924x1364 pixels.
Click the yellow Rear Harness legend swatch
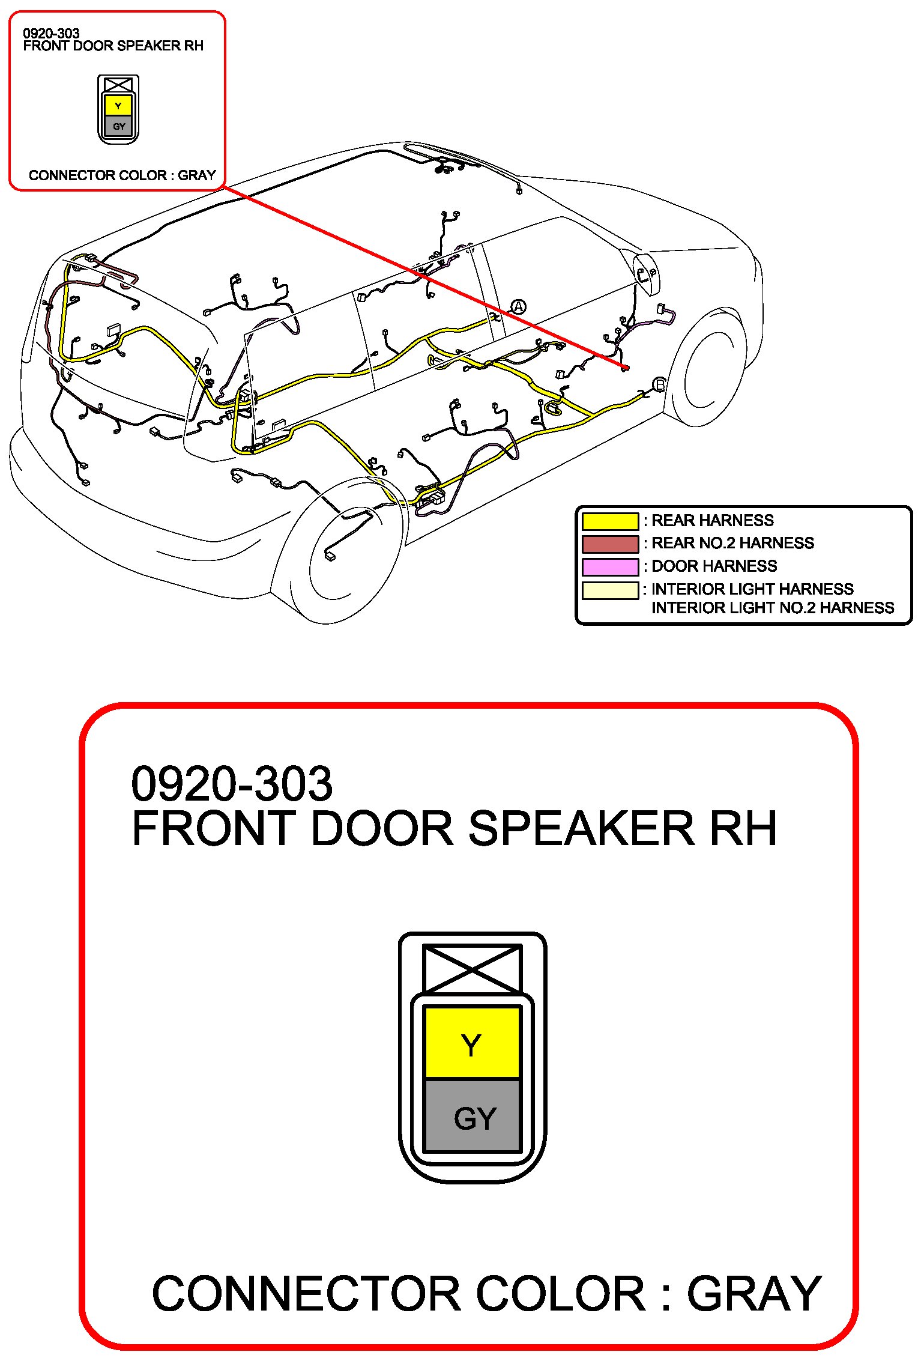coord(610,521)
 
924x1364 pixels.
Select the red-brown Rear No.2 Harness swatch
coord(610,544)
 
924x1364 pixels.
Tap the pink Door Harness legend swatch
coord(610,566)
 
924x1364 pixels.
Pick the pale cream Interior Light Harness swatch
coord(610,590)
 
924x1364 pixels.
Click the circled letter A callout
coord(518,307)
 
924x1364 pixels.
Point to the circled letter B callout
coord(659,384)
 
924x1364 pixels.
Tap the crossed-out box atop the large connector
coord(472,969)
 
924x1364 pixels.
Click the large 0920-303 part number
coord(232,784)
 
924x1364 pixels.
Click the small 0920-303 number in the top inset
coord(51,34)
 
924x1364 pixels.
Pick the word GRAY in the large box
coord(754,1294)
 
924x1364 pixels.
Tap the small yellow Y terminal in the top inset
coord(118,106)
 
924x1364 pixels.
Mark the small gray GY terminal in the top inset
coord(118,126)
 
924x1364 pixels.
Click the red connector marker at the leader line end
coord(625,367)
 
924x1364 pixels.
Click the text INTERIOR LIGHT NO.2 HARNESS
coord(773,608)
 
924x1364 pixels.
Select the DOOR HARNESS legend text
coord(714,566)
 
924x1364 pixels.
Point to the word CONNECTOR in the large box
coord(306,1294)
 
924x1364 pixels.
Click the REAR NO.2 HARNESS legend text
coord(732,543)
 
